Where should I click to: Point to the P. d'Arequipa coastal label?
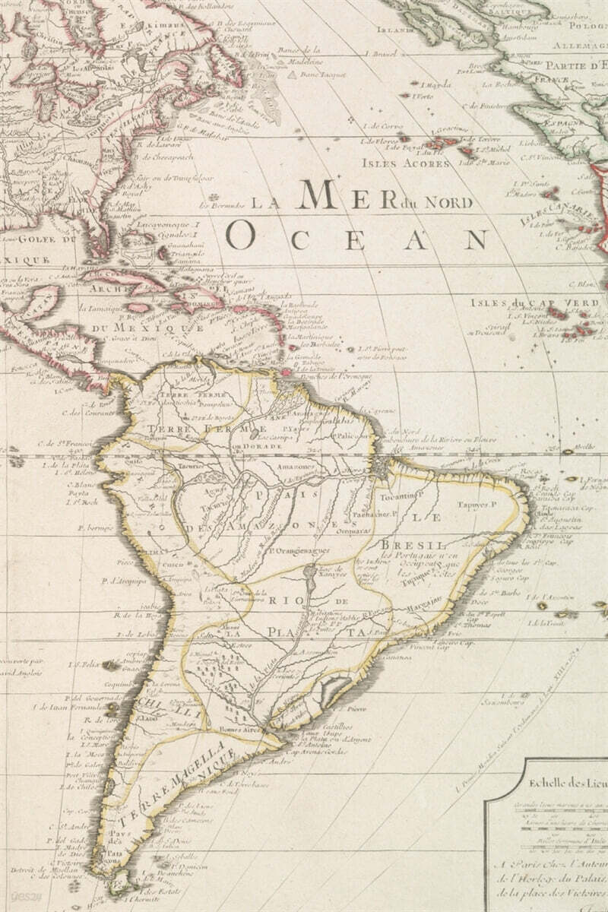tap(122, 581)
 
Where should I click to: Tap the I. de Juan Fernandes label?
tap(60, 706)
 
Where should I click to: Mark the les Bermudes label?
tap(222, 204)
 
